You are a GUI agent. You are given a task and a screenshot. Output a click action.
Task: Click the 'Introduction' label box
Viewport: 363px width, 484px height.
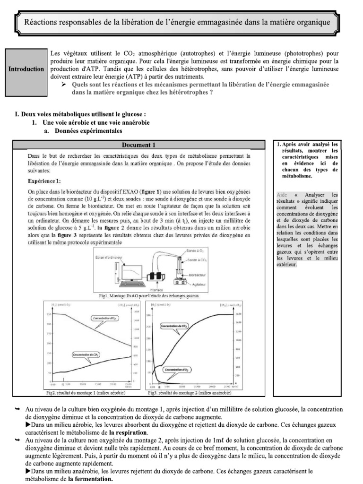pyautogui.click(x=26, y=69)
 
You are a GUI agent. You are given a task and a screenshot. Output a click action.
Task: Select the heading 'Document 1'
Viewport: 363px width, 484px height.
pyautogui.click(x=138, y=145)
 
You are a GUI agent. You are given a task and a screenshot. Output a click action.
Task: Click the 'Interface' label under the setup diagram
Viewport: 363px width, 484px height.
pyautogui.click(x=156, y=290)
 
